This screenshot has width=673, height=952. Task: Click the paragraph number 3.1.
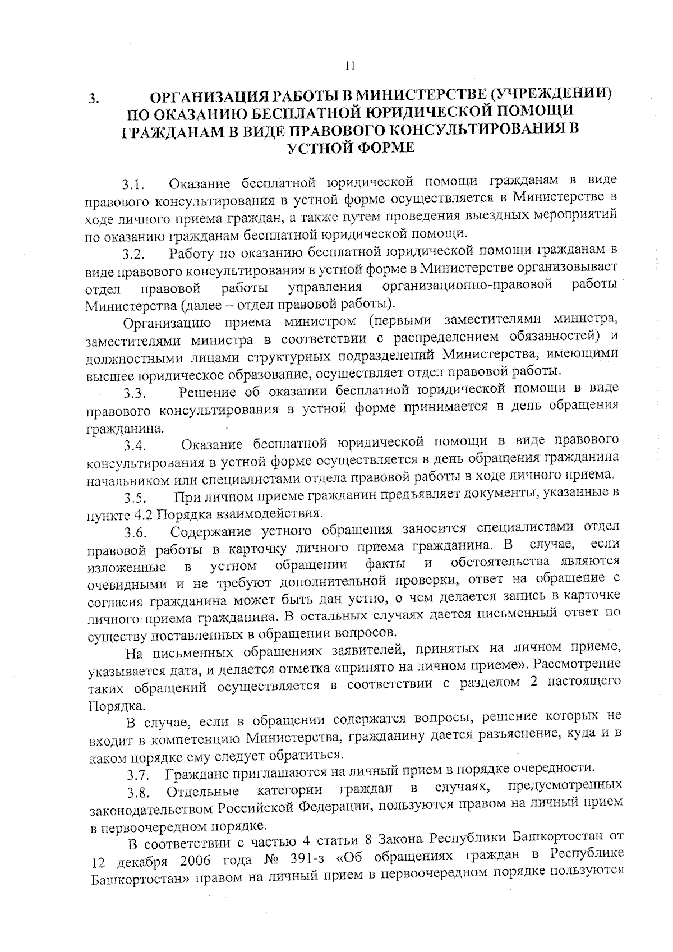point(135,185)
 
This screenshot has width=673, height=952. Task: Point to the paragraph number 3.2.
point(135,255)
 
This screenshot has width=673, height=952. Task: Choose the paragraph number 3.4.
point(135,447)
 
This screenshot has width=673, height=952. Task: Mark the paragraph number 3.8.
point(138,794)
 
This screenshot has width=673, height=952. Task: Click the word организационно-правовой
point(467,286)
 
